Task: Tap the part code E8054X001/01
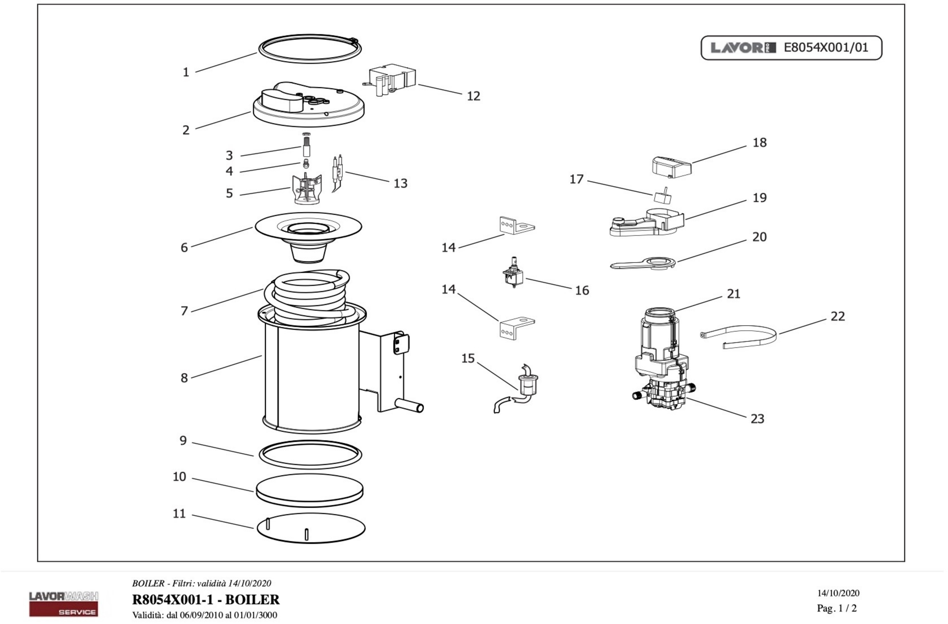[x=826, y=48]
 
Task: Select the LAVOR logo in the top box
[x=743, y=48]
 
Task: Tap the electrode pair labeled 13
[x=337, y=172]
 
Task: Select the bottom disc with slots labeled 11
[x=311, y=528]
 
